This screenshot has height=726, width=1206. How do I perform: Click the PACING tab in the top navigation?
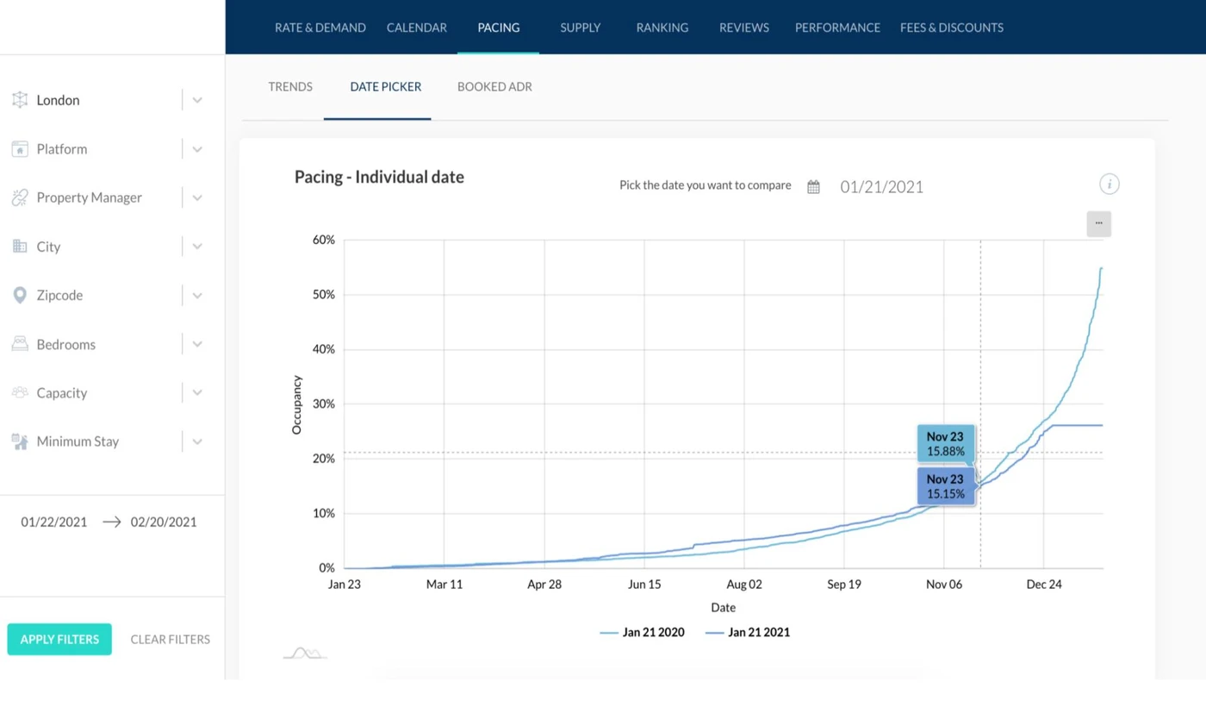click(499, 28)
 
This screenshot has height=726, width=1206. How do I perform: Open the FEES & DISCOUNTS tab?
click(951, 28)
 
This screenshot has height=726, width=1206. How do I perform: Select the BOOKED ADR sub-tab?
click(494, 87)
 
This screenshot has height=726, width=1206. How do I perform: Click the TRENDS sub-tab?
click(290, 87)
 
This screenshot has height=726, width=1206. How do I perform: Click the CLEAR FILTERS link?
click(170, 639)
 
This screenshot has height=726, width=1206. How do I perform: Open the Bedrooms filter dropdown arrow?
click(197, 344)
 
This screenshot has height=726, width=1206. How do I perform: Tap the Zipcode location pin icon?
click(20, 296)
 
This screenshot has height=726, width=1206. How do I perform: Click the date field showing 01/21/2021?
click(881, 187)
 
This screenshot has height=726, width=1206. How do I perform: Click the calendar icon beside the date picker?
click(813, 187)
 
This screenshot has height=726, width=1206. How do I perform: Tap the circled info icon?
click(1109, 184)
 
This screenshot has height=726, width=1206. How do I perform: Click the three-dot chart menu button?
click(1098, 223)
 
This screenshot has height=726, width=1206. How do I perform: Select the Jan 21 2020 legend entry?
click(643, 632)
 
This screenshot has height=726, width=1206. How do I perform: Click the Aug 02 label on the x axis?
click(743, 585)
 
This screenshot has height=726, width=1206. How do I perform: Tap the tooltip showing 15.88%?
click(945, 445)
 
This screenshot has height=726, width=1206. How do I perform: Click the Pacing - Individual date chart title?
click(379, 178)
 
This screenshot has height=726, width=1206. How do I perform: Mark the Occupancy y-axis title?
click(297, 404)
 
